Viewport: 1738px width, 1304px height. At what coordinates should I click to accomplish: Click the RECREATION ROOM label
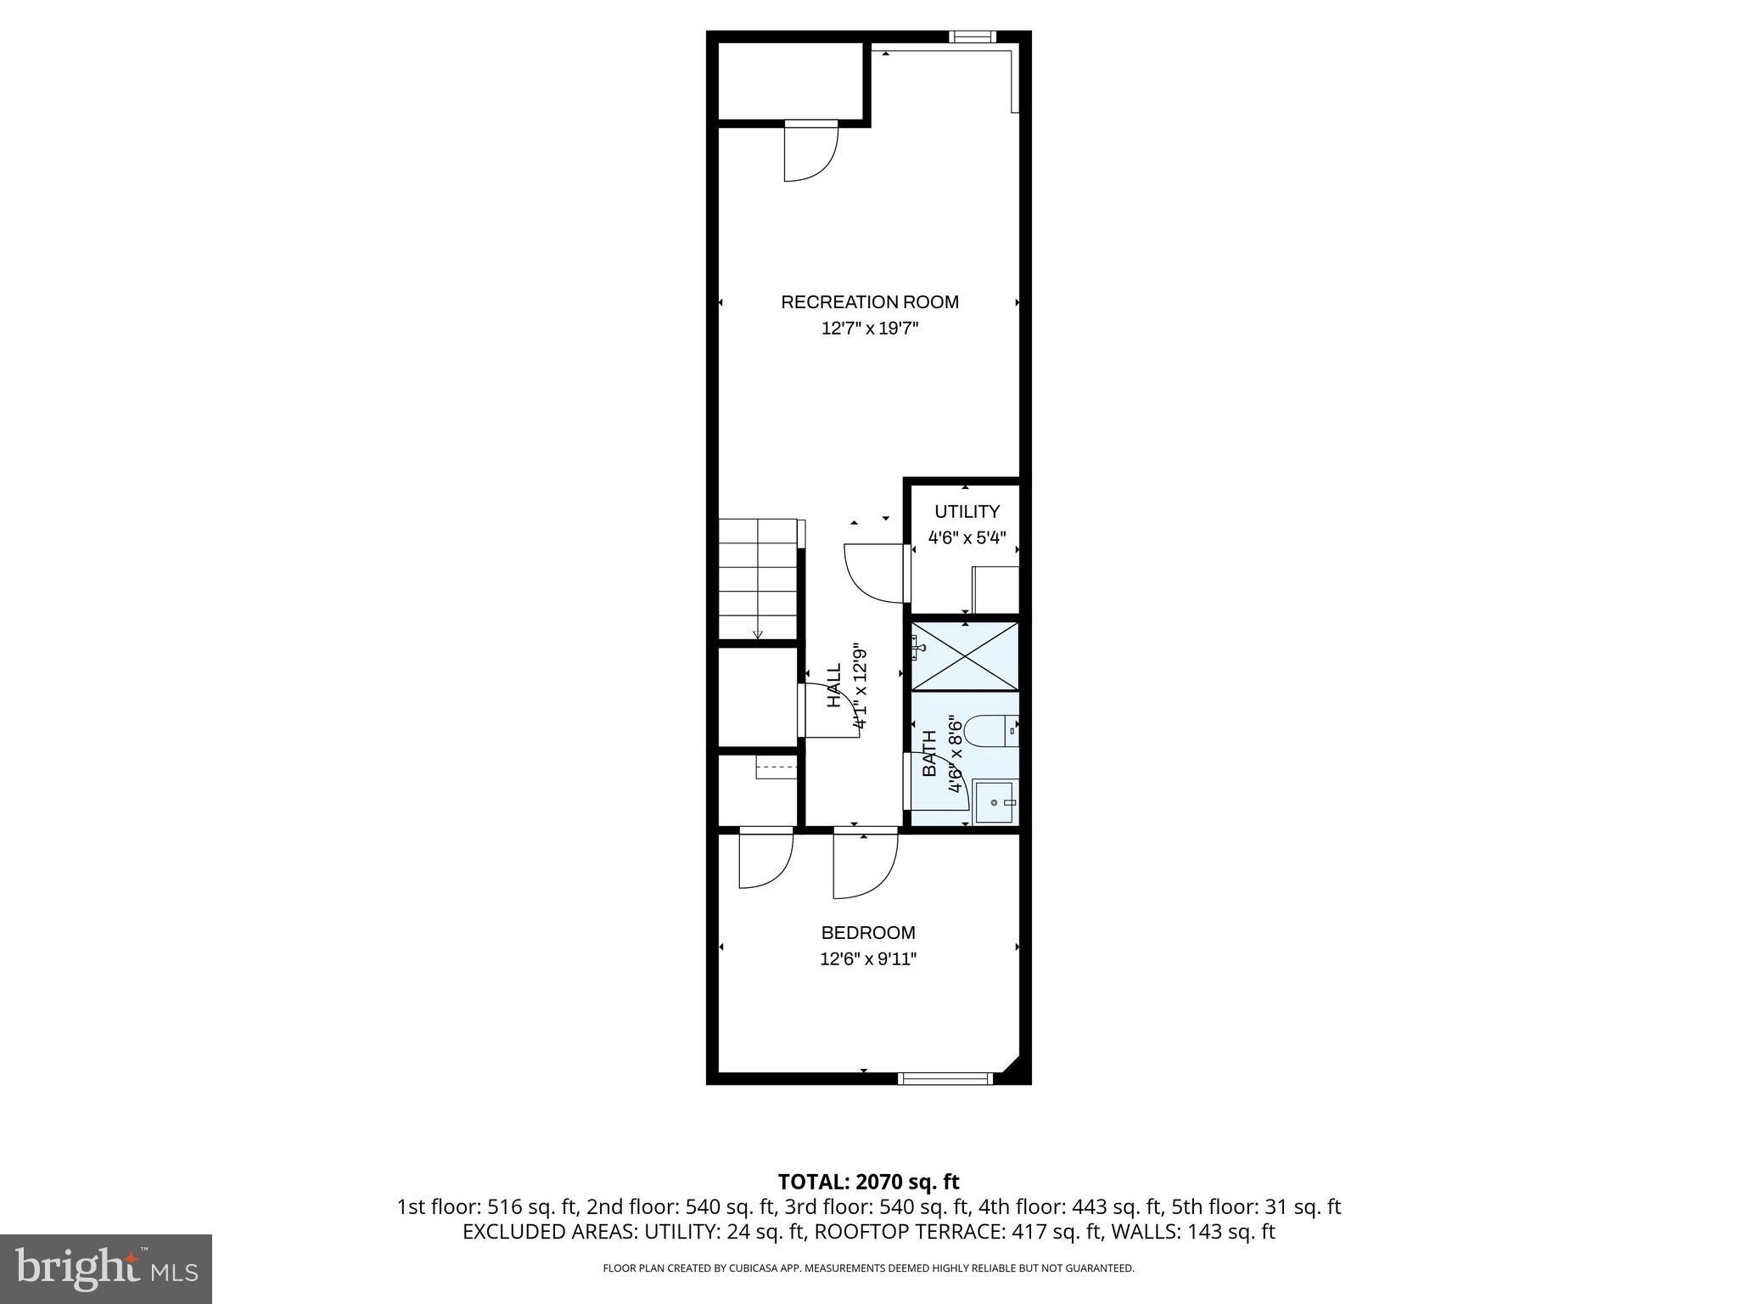coord(869,302)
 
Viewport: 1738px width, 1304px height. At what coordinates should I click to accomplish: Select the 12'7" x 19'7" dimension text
coord(869,329)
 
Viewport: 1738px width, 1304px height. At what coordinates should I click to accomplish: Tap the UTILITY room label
coord(967,511)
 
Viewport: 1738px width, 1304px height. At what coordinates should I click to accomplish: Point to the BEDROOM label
coord(868,933)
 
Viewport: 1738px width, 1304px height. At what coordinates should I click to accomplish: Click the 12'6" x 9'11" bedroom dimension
coord(868,959)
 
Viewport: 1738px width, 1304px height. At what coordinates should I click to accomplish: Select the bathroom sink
coord(994,802)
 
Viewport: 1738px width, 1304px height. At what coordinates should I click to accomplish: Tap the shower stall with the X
coord(965,655)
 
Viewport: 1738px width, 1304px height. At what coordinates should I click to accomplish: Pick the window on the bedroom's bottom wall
coord(945,1079)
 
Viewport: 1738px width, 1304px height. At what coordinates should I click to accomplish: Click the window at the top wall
coord(971,37)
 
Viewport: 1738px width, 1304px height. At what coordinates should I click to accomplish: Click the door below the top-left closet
coord(810,153)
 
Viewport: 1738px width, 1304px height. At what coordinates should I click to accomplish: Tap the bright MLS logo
coord(106,1268)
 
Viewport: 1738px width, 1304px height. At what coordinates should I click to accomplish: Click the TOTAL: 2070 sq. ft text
coord(868,1182)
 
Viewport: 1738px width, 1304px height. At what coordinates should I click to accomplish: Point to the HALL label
coord(835,685)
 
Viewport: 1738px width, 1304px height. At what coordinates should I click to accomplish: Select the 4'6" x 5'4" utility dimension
coord(967,537)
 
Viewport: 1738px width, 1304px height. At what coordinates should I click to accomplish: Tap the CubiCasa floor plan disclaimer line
coord(868,1268)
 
